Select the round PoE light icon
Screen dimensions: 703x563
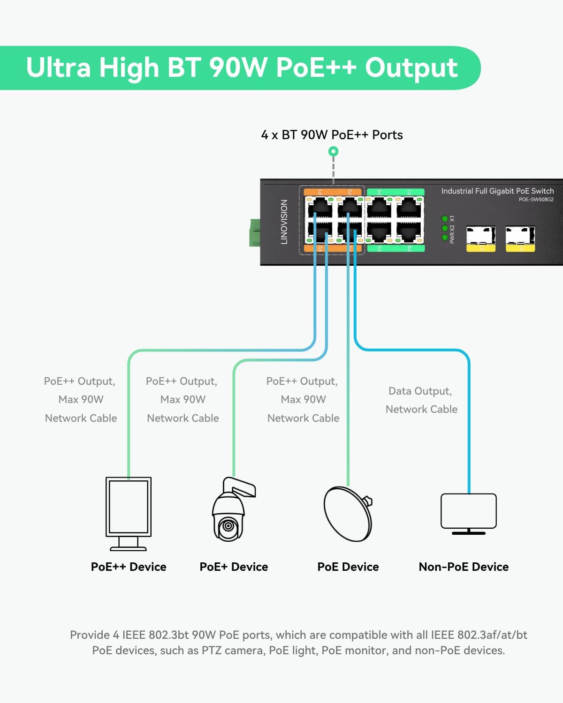348,514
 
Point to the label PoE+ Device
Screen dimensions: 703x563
234,567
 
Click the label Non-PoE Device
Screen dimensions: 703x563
464,567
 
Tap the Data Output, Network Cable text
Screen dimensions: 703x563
421,400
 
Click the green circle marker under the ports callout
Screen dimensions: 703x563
334,151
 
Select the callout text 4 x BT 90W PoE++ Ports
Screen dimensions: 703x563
332,135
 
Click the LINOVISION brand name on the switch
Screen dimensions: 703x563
284,222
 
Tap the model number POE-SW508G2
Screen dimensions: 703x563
536,200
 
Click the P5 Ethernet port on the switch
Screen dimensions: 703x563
379,207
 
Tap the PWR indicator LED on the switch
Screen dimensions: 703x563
444,238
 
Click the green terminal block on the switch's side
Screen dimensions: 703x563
254,232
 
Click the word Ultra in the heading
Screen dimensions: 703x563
58,67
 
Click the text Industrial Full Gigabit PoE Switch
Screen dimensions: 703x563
497,191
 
